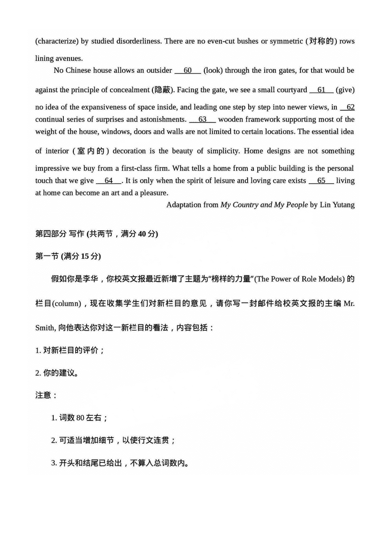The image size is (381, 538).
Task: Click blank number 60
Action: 188,70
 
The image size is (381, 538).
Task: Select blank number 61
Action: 321,89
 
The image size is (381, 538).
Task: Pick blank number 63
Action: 202,119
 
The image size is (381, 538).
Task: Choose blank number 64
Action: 109,181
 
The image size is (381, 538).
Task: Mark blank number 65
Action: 321,181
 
